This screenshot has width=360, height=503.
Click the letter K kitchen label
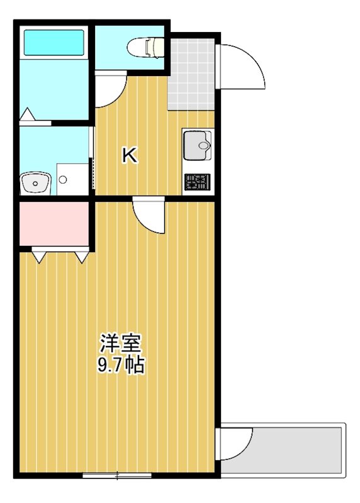pos(130,155)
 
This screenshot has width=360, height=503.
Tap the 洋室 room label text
pos(120,343)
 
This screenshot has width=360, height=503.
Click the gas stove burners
pos(198,183)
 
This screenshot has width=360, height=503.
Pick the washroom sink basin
pos(35,183)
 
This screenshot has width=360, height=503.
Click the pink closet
pos(53,223)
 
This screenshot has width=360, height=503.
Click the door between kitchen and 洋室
pos(149,215)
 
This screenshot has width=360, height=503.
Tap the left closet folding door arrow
pos(38,256)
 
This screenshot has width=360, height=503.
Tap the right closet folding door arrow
pos(82,256)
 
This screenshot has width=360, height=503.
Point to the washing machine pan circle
pos(63,179)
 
